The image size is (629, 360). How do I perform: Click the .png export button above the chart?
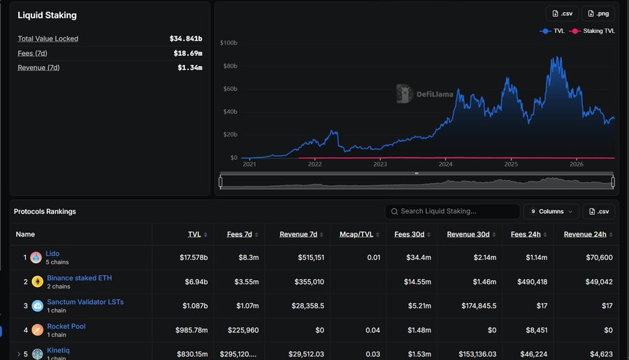click(598, 14)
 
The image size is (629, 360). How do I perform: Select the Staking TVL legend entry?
click(592, 31)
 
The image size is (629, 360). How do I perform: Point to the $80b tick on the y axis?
click(230, 66)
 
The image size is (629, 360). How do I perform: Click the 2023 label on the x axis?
click(380, 164)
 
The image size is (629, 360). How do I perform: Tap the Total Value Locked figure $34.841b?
click(186, 38)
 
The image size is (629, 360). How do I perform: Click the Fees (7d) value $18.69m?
click(188, 53)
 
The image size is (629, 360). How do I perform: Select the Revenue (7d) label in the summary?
click(38, 67)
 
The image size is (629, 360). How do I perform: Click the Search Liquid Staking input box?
click(452, 212)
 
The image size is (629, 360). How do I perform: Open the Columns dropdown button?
click(551, 212)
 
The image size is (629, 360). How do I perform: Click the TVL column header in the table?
click(194, 234)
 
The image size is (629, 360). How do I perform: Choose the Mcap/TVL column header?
click(356, 234)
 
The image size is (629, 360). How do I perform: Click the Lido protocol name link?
click(52, 254)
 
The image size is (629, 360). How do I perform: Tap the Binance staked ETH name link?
click(80, 278)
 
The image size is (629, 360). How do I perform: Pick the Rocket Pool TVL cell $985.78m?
click(191, 330)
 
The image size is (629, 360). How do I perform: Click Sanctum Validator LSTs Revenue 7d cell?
click(308, 305)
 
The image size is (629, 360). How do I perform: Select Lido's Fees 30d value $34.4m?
click(419, 257)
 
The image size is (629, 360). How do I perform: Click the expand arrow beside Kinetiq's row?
click(18, 354)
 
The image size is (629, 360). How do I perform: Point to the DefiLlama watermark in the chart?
click(425, 94)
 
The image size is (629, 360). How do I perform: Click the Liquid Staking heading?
click(47, 15)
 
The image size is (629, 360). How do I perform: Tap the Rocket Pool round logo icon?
click(37, 330)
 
